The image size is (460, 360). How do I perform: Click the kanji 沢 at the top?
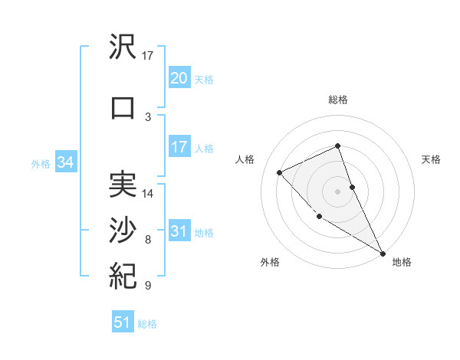pyautogui.click(x=123, y=49)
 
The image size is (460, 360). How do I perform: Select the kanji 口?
pyautogui.click(x=123, y=107)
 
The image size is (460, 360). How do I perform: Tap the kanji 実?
pyautogui.click(x=123, y=185)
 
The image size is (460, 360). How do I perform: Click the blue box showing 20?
pyautogui.click(x=179, y=78)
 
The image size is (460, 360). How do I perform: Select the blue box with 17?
pyautogui.click(x=179, y=147)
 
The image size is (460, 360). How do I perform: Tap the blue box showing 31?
pyautogui.click(x=179, y=232)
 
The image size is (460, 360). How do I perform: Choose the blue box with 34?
pyautogui.click(x=65, y=162)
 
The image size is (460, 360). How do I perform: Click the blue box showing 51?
pyautogui.click(x=122, y=322)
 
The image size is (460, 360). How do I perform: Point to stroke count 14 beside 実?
pyautogui.click(x=148, y=193)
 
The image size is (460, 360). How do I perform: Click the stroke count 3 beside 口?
pyautogui.click(x=147, y=116)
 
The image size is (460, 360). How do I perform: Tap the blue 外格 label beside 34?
pyautogui.click(x=41, y=163)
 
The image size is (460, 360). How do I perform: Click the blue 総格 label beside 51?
pyautogui.click(x=147, y=324)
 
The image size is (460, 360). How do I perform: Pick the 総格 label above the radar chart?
pyautogui.click(x=337, y=100)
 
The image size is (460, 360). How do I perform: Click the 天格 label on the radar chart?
pyautogui.click(x=431, y=159)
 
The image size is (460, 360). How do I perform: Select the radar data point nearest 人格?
pyautogui.click(x=280, y=172)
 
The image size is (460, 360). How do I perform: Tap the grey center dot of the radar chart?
pyautogui.click(x=337, y=191)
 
